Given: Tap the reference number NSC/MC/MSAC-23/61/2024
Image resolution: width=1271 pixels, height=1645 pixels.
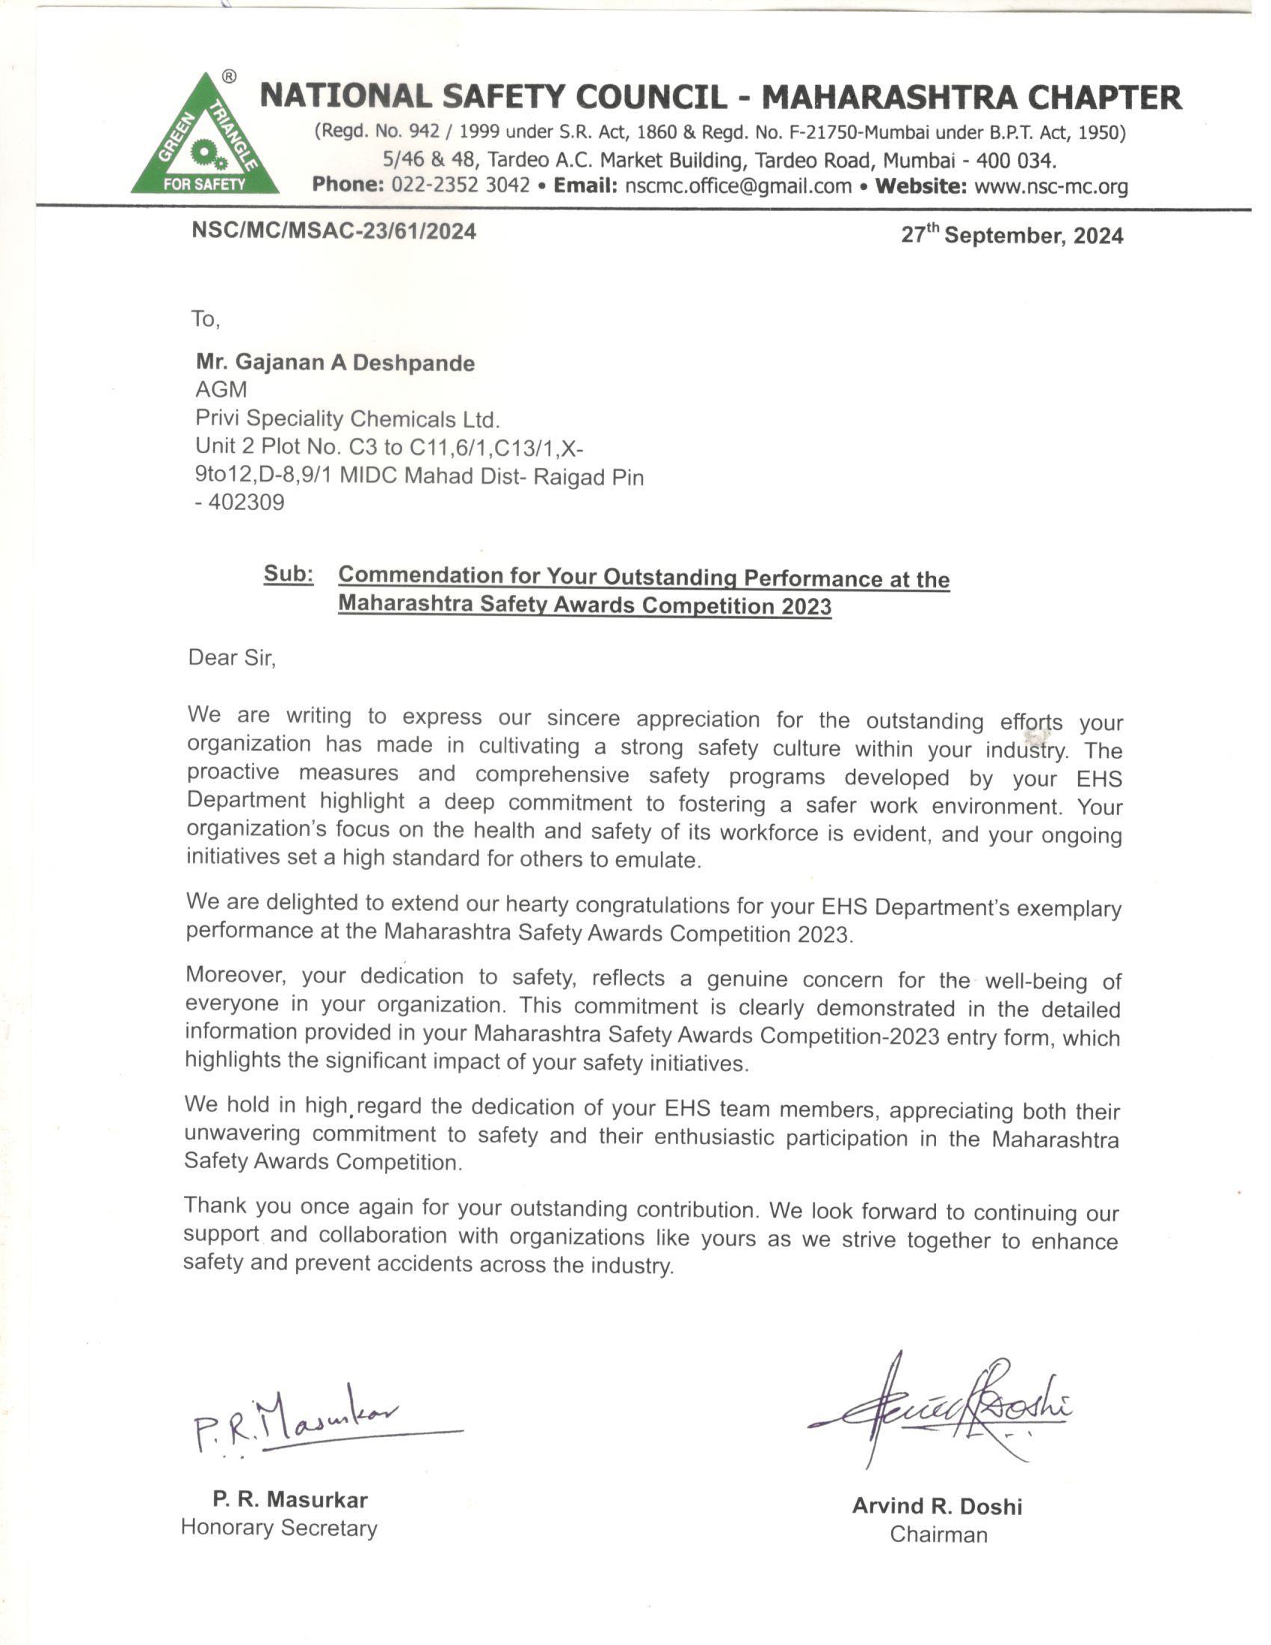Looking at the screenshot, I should [x=333, y=230].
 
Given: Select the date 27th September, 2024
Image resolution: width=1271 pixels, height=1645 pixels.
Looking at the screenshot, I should [x=1012, y=235].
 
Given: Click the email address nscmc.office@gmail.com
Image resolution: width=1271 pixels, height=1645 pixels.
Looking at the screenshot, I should [x=737, y=186].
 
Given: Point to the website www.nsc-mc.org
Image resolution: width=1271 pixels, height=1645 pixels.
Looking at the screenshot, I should [x=1050, y=186].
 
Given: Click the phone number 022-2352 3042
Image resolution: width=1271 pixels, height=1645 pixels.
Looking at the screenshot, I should [x=460, y=185].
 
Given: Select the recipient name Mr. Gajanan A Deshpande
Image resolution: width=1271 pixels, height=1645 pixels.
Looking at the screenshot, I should [x=335, y=363].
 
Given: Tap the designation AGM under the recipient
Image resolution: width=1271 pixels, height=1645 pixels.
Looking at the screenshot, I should [x=221, y=390].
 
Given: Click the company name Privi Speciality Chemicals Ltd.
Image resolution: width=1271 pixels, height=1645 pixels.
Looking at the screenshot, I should [x=347, y=419].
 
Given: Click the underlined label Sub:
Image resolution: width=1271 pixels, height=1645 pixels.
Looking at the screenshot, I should [x=289, y=575].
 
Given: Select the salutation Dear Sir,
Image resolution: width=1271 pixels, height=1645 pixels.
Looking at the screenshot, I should [x=232, y=657].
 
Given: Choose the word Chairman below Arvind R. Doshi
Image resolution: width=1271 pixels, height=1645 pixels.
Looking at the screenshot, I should [x=938, y=1534].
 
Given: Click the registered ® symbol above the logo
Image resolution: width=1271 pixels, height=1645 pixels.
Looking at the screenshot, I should [x=230, y=76].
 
